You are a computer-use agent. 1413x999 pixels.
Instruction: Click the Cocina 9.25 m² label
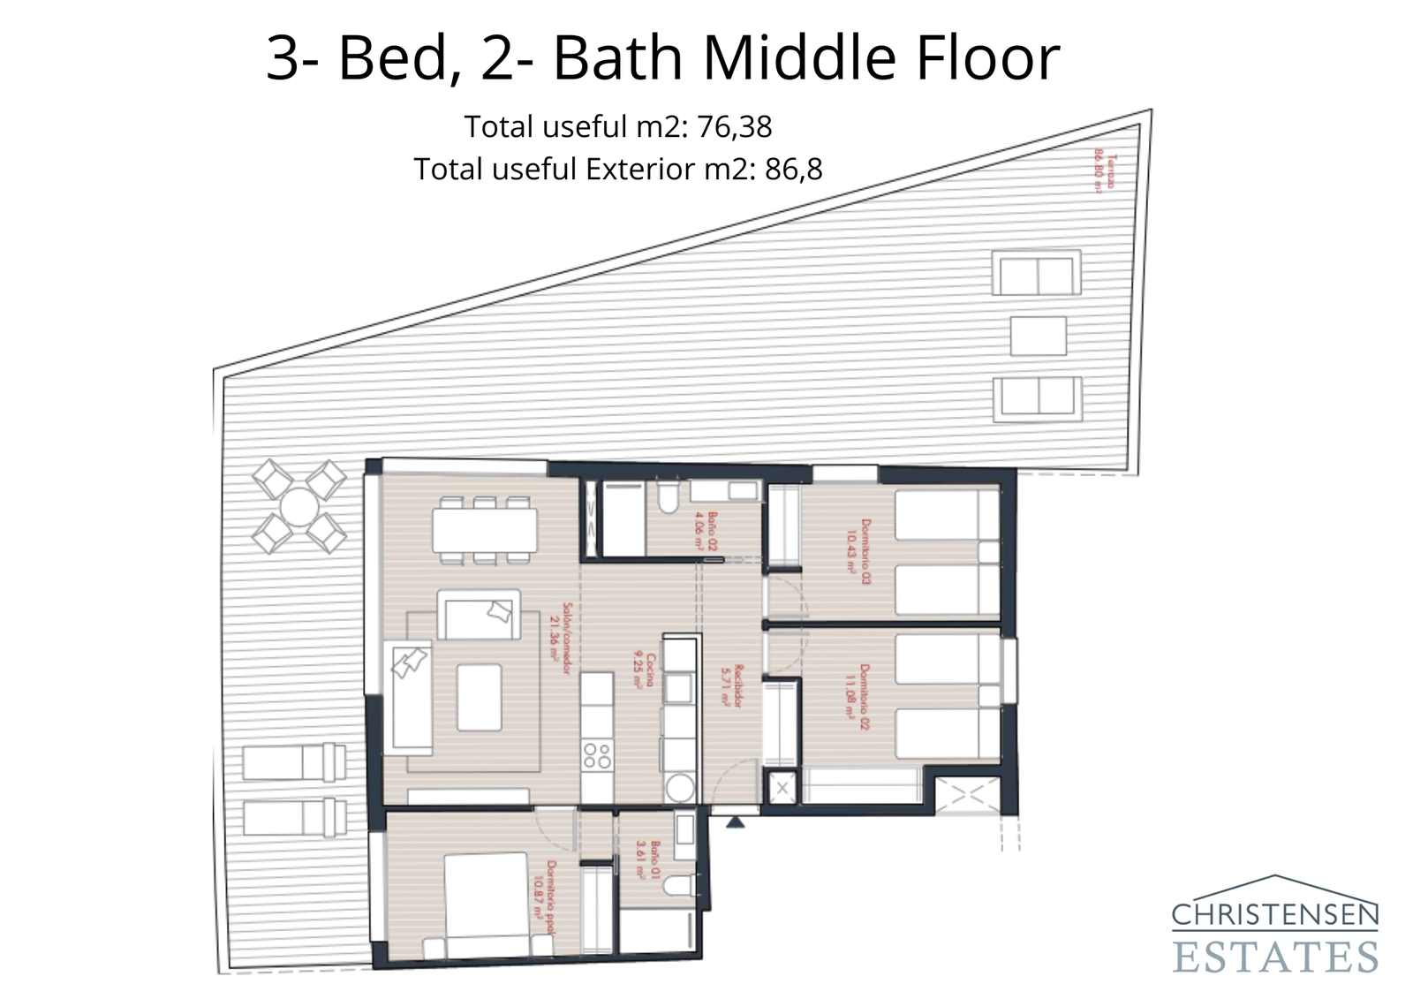(644, 670)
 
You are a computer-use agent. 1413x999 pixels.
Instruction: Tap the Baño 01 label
(648, 858)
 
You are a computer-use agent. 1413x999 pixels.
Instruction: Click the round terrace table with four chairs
(298, 508)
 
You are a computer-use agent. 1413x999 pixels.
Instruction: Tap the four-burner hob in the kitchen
(597, 755)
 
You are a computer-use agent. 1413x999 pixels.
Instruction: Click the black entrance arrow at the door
(736, 821)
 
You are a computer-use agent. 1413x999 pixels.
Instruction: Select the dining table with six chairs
(485, 530)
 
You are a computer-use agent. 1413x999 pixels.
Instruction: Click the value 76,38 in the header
(735, 127)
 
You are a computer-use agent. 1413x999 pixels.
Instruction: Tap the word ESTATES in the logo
(1275, 957)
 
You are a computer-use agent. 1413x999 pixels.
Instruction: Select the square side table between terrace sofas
(1038, 336)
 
